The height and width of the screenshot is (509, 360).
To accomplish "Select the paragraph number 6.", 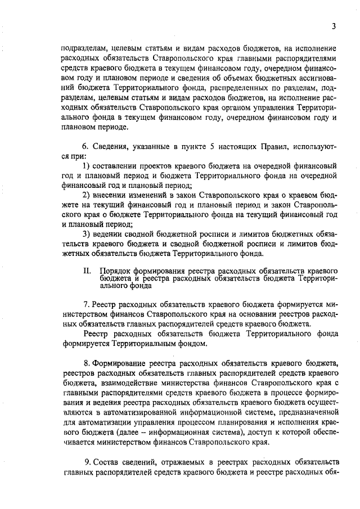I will [x=84, y=147].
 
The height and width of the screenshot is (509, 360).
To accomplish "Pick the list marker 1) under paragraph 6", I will [x=86, y=167].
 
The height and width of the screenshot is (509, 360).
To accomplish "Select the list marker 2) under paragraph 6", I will [x=86, y=195].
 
